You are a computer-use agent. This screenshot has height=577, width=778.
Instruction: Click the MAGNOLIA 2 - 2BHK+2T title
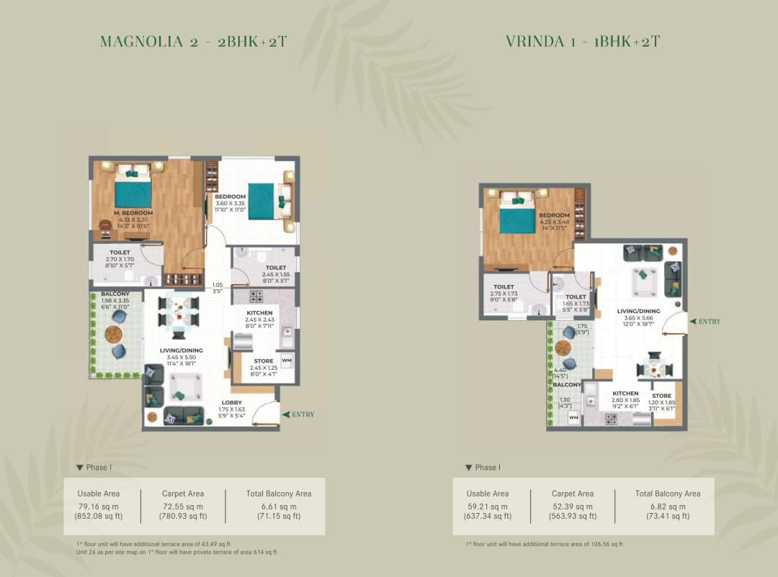click(x=194, y=41)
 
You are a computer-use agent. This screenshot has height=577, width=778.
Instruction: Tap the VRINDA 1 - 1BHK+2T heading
click(x=583, y=41)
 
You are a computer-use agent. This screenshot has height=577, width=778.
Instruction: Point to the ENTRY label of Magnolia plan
click(x=302, y=414)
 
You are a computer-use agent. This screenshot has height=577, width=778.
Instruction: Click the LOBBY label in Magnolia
click(x=231, y=403)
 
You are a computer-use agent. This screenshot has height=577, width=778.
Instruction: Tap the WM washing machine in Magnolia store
click(x=287, y=360)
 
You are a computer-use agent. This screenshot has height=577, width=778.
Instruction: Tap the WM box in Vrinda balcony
click(x=573, y=417)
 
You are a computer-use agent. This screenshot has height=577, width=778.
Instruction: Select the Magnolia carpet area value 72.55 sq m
click(x=183, y=506)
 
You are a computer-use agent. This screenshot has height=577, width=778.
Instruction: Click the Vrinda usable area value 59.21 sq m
click(x=487, y=506)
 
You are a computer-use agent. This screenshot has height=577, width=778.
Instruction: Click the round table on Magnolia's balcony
click(x=114, y=334)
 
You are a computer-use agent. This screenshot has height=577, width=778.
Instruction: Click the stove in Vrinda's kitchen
click(x=611, y=419)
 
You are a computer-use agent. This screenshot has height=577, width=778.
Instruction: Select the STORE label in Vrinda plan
click(x=661, y=396)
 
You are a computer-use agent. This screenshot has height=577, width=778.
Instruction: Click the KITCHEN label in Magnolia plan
click(x=259, y=313)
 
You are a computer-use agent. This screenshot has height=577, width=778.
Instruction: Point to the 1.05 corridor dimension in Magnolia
click(x=216, y=285)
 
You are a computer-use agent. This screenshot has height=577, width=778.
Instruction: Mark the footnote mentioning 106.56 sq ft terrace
click(x=544, y=544)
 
